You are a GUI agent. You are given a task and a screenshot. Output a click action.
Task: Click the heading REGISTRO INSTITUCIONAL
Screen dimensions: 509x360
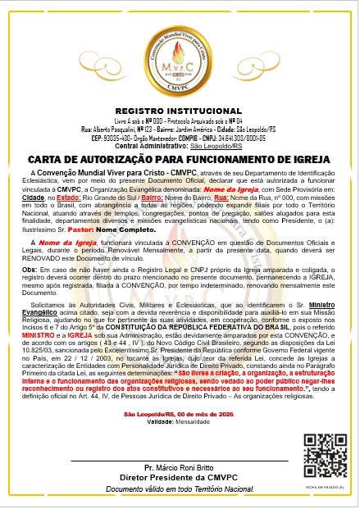point(180,109)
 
